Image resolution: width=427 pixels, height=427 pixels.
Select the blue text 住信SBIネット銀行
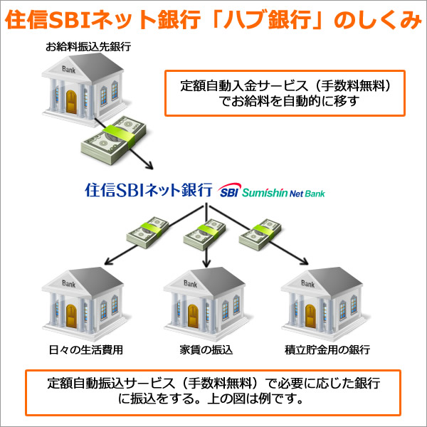[x=149, y=190]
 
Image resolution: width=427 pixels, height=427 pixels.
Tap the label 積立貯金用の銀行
[x=327, y=350]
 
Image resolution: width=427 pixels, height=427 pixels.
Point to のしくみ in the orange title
[x=381, y=20]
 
